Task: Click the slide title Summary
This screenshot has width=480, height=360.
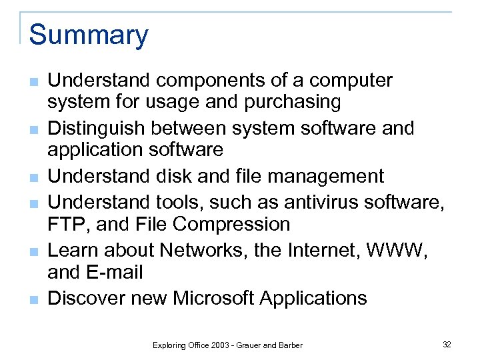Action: [89, 35]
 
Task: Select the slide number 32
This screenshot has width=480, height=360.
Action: [447, 344]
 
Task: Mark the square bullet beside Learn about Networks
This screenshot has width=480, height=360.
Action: [33, 251]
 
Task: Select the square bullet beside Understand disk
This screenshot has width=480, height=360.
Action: [33, 177]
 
